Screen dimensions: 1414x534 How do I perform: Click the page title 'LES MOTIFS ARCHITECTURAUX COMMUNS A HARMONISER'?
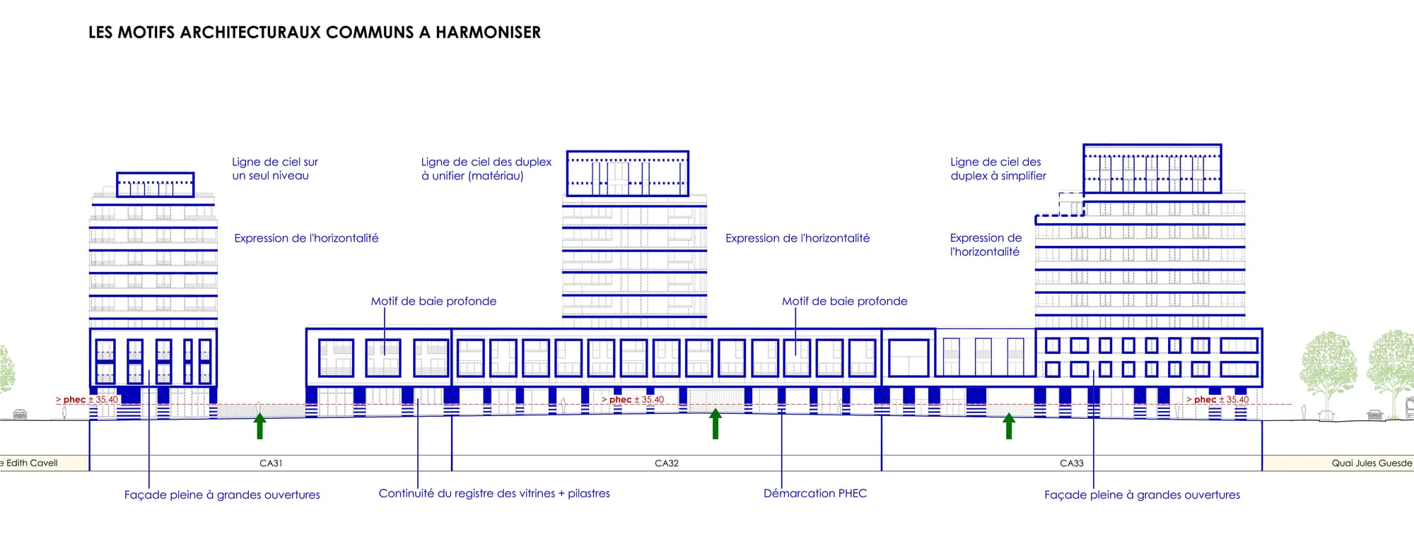click(x=315, y=32)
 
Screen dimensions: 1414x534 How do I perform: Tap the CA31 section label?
click(x=271, y=463)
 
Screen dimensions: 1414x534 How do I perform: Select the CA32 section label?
click(x=667, y=463)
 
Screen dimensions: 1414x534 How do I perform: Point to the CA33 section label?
click(x=1072, y=463)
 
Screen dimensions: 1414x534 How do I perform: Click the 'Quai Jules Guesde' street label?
click(x=1372, y=463)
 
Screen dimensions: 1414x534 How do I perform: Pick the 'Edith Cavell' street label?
click(x=30, y=463)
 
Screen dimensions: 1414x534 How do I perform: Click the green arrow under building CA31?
click(x=259, y=426)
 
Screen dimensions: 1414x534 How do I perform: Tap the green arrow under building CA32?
click(x=715, y=424)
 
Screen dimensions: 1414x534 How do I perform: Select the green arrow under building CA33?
click(x=1009, y=426)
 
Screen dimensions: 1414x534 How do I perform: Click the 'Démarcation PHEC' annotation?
click(x=815, y=494)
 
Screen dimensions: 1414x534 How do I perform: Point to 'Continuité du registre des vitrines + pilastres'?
click(x=494, y=494)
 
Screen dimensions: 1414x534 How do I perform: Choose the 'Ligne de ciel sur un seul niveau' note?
click(x=275, y=169)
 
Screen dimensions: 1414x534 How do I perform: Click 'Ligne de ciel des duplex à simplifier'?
click(x=998, y=169)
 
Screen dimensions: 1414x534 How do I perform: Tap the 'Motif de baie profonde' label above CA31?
click(x=433, y=302)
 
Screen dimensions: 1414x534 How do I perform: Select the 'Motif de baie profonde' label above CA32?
click(x=845, y=302)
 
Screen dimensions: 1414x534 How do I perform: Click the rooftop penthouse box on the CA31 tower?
click(x=155, y=173)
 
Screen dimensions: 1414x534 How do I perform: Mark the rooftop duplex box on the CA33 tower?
click(x=1152, y=146)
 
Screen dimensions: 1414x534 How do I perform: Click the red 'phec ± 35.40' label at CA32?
click(x=633, y=400)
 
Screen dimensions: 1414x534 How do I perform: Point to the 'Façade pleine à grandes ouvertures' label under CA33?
click(x=1142, y=495)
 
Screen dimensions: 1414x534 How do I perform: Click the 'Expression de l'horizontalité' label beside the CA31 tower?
click(x=306, y=239)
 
